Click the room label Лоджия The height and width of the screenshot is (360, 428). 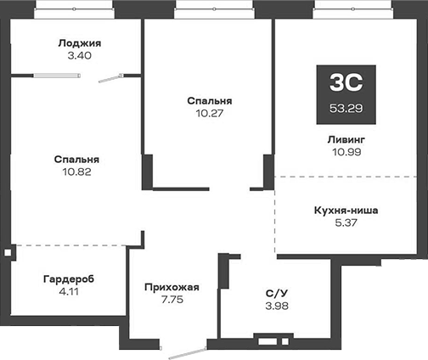pyautogui.click(x=81, y=43)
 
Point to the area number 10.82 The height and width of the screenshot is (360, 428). pyautogui.click(x=76, y=171)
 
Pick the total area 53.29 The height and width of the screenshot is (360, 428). pyautogui.click(x=346, y=108)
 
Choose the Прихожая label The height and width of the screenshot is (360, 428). pyautogui.click(x=171, y=287)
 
